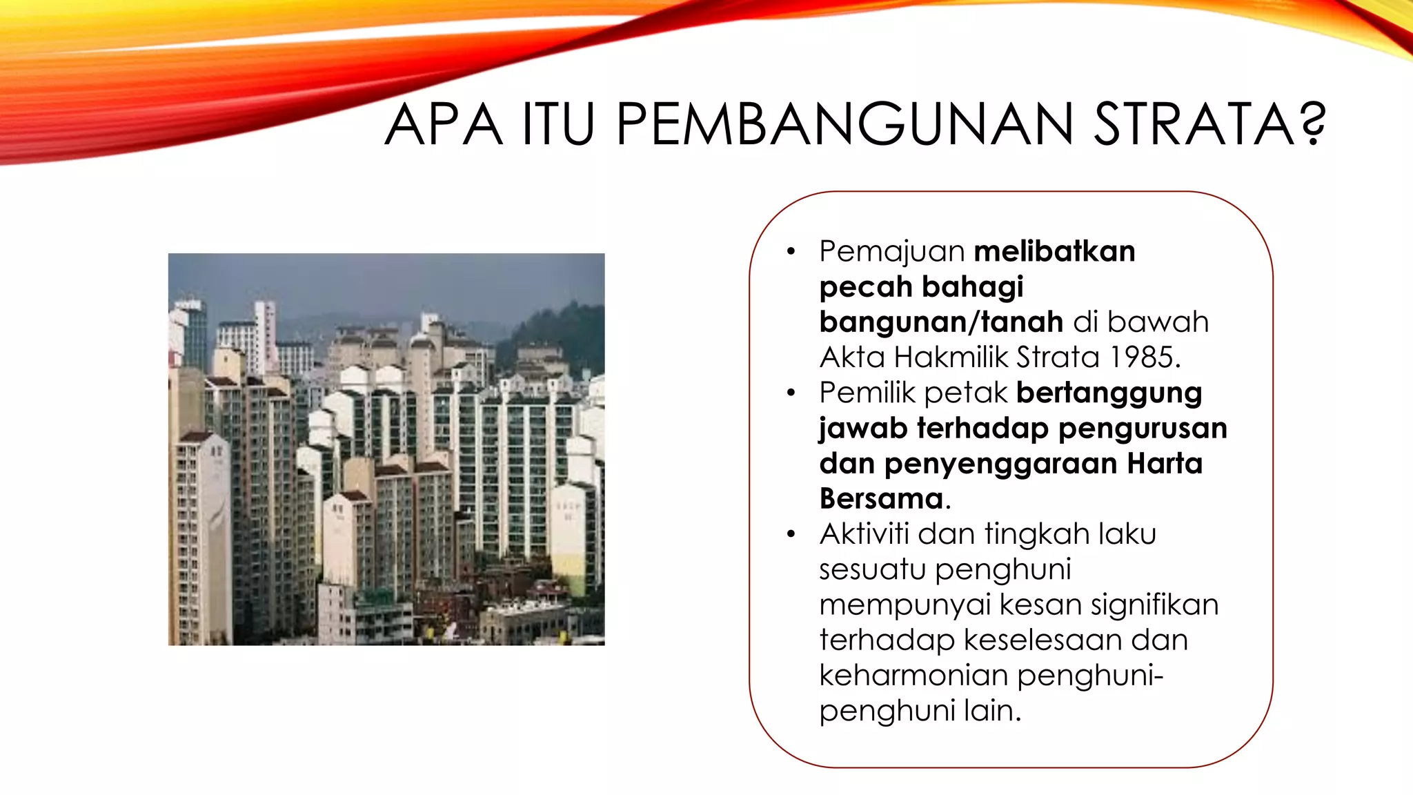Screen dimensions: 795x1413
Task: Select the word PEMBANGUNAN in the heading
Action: pos(844,125)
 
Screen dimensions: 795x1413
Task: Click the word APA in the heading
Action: pos(443,125)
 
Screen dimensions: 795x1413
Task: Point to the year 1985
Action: pos(1145,357)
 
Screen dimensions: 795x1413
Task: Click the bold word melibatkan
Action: pos(1054,251)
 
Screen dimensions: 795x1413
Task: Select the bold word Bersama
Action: pos(881,498)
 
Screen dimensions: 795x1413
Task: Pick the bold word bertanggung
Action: pos(1109,393)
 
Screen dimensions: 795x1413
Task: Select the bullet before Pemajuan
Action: pos(791,252)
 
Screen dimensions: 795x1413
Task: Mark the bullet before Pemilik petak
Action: pos(791,393)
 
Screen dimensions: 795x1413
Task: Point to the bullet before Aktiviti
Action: pos(791,534)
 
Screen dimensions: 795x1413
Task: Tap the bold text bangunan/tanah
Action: pos(941,322)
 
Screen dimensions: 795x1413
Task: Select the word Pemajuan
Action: pos(891,252)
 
